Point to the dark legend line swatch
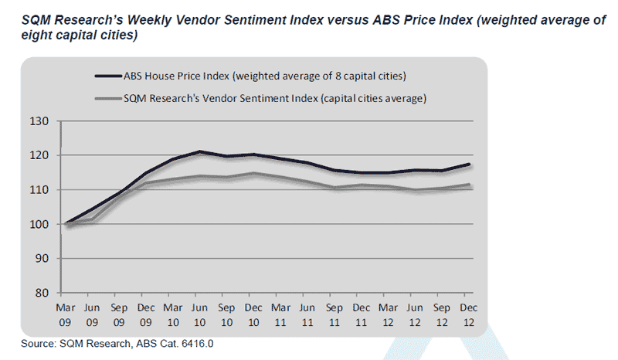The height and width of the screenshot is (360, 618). coord(106,76)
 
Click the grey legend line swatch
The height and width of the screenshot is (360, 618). coord(106,99)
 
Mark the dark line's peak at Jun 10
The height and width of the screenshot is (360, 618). coord(200,151)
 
